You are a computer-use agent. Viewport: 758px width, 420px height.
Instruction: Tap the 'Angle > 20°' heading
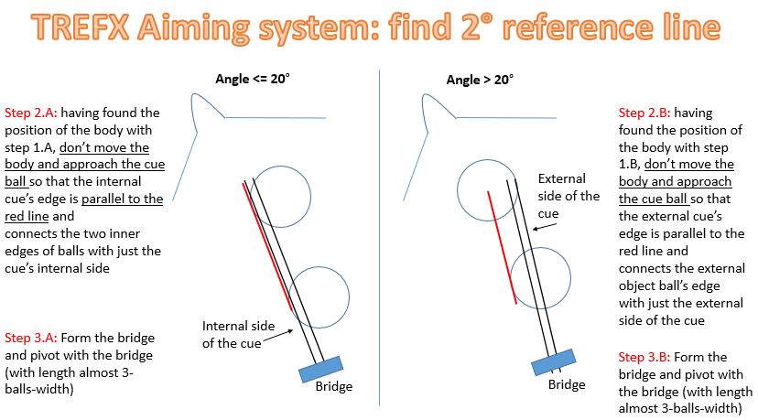click(480, 80)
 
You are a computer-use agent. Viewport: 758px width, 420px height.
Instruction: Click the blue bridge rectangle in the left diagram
click(320, 369)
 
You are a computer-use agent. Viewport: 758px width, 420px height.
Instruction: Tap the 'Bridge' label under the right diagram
click(567, 384)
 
